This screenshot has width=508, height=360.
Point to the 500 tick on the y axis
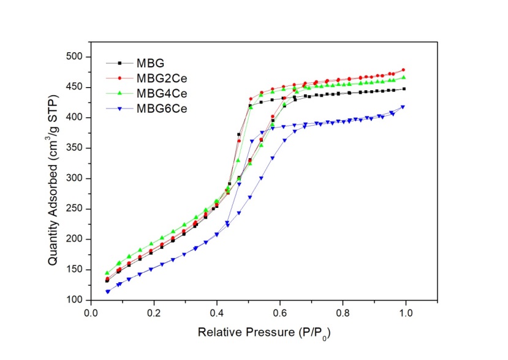[x=76, y=57]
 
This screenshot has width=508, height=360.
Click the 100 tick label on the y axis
[x=76, y=300]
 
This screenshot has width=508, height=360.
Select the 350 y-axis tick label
[x=76, y=148]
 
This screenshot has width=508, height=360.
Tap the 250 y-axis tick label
[x=76, y=209]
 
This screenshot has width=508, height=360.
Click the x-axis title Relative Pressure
[x=267, y=332]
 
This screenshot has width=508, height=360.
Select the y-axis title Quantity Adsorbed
[x=54, y=177]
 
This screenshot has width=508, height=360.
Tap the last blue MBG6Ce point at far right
[x=403, y=107]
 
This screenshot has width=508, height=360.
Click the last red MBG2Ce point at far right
[x=403, y=70]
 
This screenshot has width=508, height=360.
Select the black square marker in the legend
[x=120, y=63]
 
